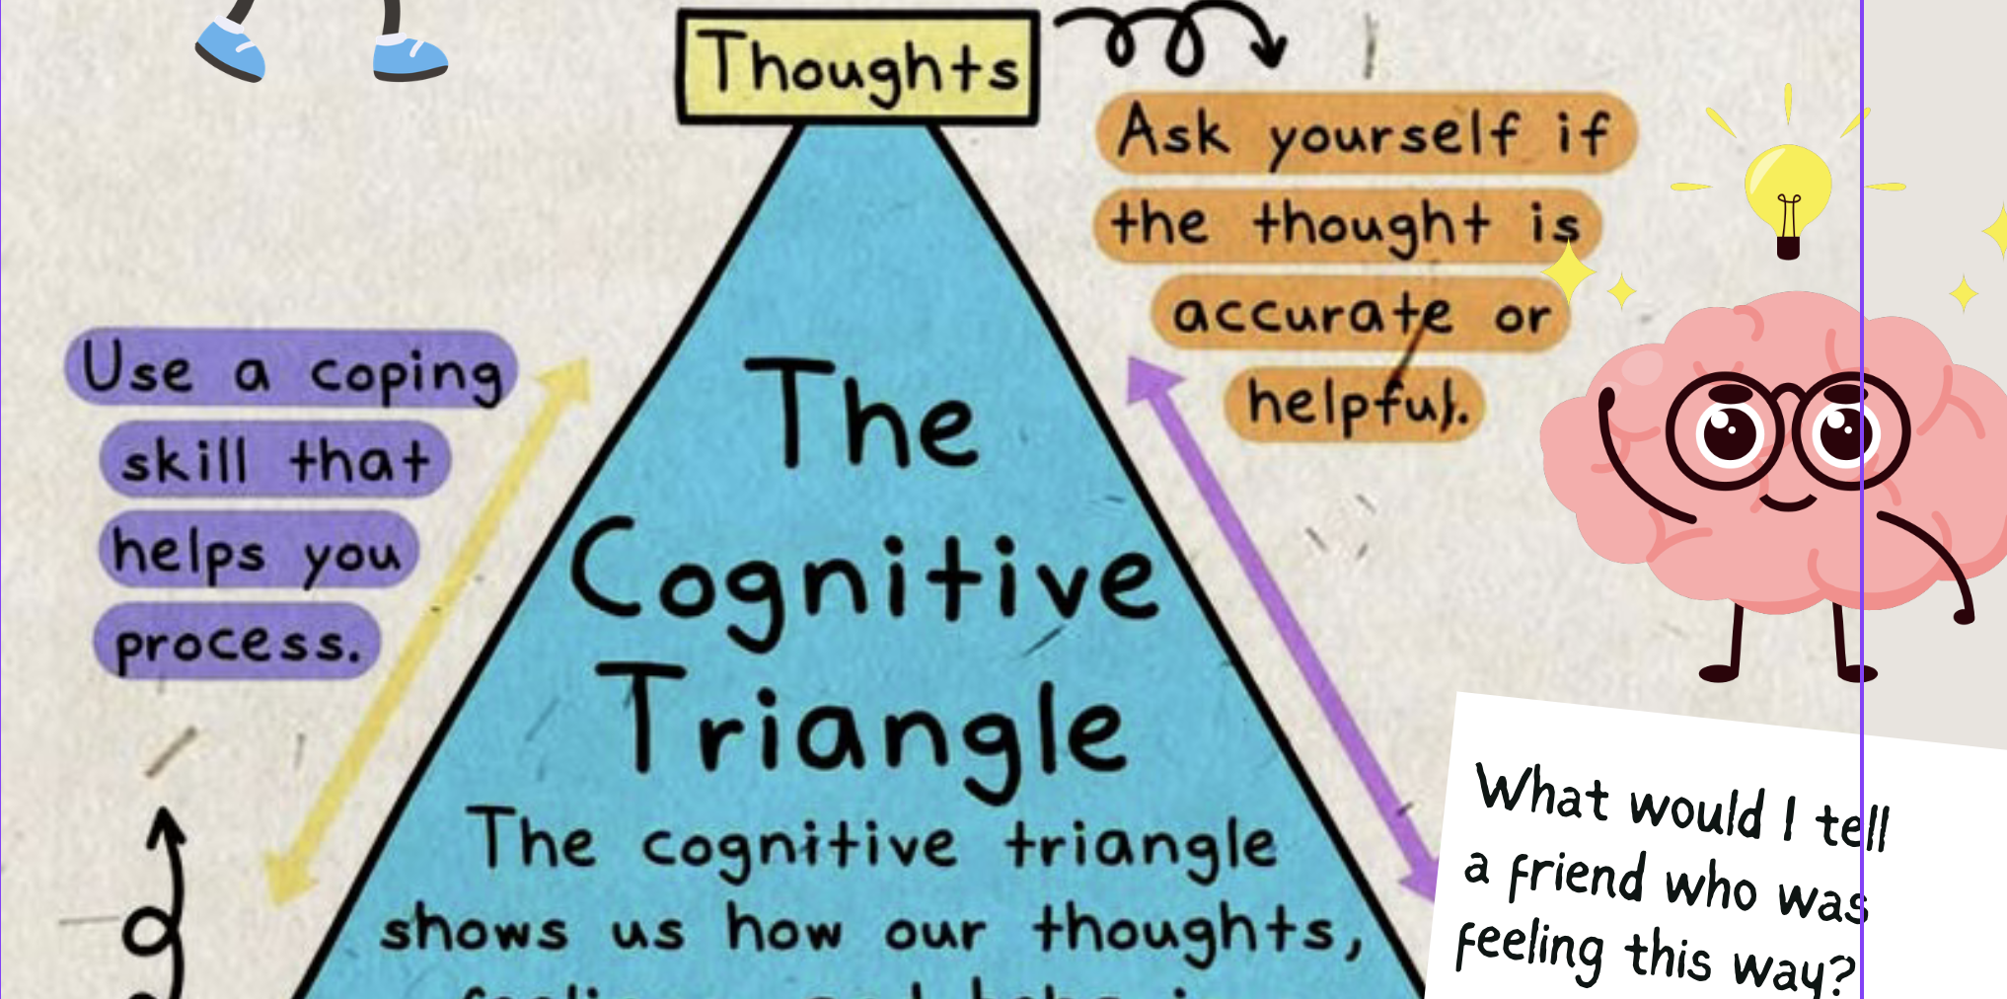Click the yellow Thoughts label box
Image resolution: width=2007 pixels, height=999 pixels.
point(857,67)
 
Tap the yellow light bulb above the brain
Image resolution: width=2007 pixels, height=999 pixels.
point(1787,192)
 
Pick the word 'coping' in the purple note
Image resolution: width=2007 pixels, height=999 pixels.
point(406,374)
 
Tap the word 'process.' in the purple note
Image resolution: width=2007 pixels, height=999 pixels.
point(237,645)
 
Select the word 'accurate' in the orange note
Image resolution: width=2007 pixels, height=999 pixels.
point(1312,314)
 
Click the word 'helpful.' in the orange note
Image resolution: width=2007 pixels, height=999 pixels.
point(1358,404)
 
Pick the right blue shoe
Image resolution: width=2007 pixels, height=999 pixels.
point(409,58)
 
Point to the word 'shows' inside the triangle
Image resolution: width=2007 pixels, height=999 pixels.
point(475,931)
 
